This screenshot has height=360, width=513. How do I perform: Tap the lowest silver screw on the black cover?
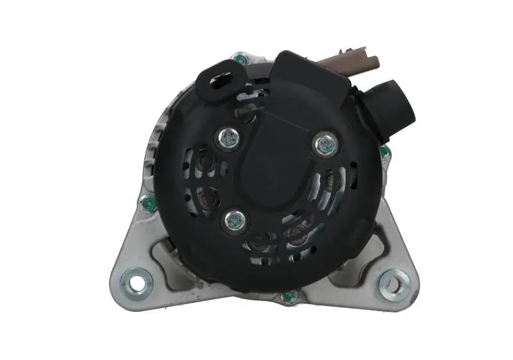pyautogui.click(x=233, y=221)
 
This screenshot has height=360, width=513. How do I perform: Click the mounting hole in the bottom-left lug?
pyautogui.click(x=137, y=282)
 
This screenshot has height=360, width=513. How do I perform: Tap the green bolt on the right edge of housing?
pyautogui.click(x=383, y=152)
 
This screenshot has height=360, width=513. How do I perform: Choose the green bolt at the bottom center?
pyautogui.click(x=290, y=296)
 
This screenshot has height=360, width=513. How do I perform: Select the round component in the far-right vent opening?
pyautogui.click(x=332, y=179)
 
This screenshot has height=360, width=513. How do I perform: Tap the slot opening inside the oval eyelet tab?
pyautogui.click(x=218, y=82)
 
